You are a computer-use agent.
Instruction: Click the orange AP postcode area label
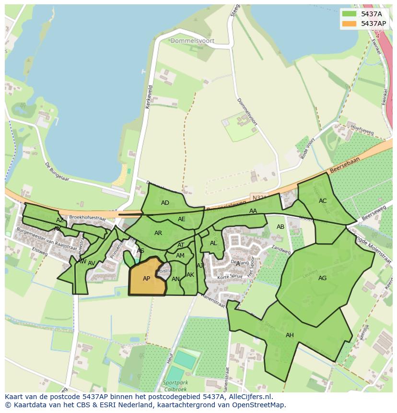(146, 279)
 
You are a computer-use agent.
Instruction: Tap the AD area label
(165, 203)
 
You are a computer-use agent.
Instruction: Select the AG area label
(322, 278)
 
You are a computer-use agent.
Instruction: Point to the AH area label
(290, 335)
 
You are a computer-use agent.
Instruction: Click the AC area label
(323, 201)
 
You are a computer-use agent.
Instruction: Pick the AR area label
(158, 233)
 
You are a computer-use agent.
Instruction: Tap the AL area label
(213, 243)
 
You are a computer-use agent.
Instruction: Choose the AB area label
(280, 227)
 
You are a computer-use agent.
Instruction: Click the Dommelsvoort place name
(192, 41)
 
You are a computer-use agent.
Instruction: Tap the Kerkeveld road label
(149, 96)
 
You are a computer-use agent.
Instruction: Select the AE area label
(181, 219)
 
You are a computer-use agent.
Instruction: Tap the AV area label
(91, 263)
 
